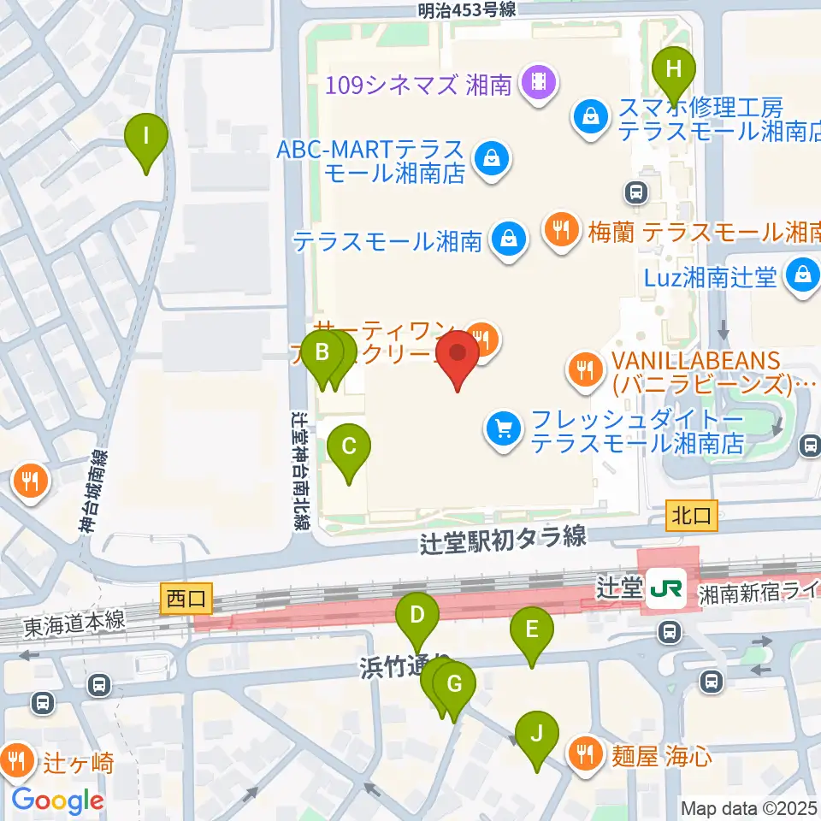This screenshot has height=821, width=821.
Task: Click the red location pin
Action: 458,359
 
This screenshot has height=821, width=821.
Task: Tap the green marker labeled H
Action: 673,70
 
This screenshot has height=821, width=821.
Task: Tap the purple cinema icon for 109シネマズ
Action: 540,83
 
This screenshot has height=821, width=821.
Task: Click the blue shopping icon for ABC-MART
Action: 492,157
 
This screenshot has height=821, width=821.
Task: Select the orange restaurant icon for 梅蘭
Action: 561,229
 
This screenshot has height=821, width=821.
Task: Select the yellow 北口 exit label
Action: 688,515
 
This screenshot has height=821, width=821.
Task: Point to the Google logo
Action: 58,800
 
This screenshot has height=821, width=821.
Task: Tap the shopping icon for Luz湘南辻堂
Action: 803,275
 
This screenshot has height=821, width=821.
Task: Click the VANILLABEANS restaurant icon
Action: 586,369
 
